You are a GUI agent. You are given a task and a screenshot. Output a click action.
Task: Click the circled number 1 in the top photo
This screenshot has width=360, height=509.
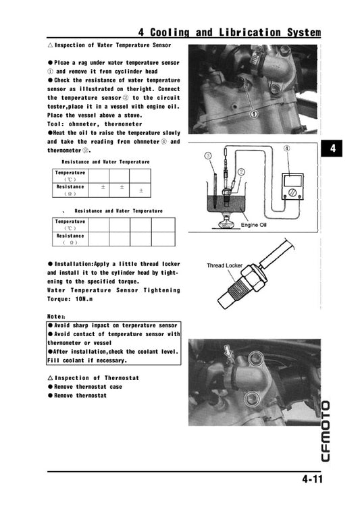(x=254, y=114)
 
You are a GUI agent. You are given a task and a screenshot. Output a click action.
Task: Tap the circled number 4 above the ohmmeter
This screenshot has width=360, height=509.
(x=286, y=148)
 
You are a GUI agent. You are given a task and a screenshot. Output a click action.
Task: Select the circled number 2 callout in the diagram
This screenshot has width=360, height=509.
(x=240, y=173)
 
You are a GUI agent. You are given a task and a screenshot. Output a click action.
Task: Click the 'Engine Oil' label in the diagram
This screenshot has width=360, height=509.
(x=254, y=225)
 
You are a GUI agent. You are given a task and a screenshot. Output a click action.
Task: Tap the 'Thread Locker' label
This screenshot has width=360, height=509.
(x=224, y=265)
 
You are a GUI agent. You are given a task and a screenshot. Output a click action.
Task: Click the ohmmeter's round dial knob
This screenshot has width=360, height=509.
(x=293, y=192)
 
